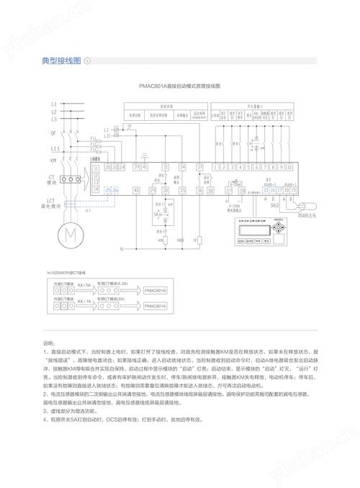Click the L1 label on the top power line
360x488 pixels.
point(54,104)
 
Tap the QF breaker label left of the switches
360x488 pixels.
point(53,133)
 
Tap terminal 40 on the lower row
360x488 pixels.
point(137,191)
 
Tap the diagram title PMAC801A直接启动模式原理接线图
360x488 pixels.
point(179,86)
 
